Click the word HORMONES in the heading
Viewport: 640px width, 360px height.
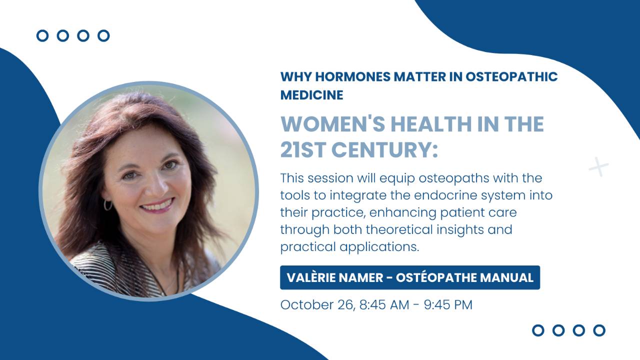coord(352,76)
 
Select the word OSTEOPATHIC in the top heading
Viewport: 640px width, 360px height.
coord(511,76)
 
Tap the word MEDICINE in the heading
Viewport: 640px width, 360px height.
coord(311,95)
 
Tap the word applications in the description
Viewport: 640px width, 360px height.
coord(379,247)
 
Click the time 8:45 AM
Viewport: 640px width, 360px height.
coord(384,304)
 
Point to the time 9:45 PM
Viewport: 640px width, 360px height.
coord(448,304)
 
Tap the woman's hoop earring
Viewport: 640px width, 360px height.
coord(107,205)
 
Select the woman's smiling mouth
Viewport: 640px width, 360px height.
coord(157,205)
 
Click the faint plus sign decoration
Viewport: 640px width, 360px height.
coord(598,166)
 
